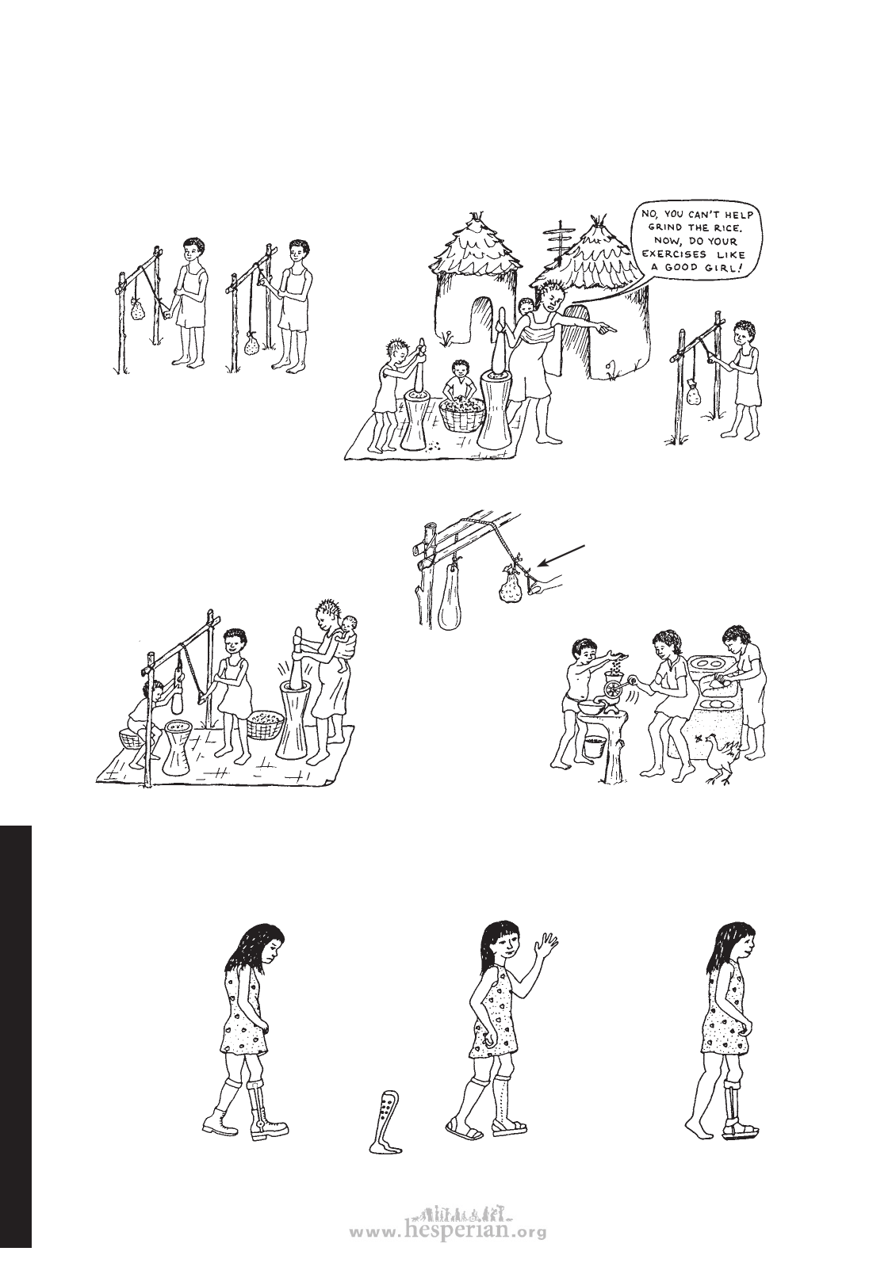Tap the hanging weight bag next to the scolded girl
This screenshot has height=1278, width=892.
(x=693, y=392)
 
